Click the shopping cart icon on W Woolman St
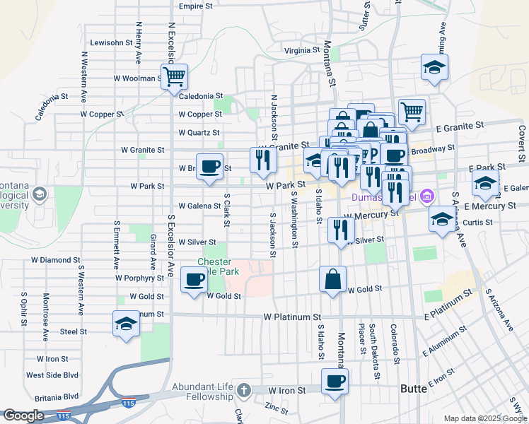pyautogui.click(x=174, y=76)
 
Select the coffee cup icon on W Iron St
pyautogui.click(x=335, y=381)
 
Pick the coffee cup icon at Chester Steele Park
pyautogui.click(x=194, y=279)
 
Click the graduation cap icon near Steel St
pyautogui.click(x=126, y=324)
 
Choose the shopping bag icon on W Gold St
pyautogui.click(x=332, y=279)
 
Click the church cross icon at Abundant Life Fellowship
pyautogui.click(x=243, y=390)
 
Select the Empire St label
pyautogui.click(x=196, y=6)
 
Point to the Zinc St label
pyautogui.click(x=276, y=408)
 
